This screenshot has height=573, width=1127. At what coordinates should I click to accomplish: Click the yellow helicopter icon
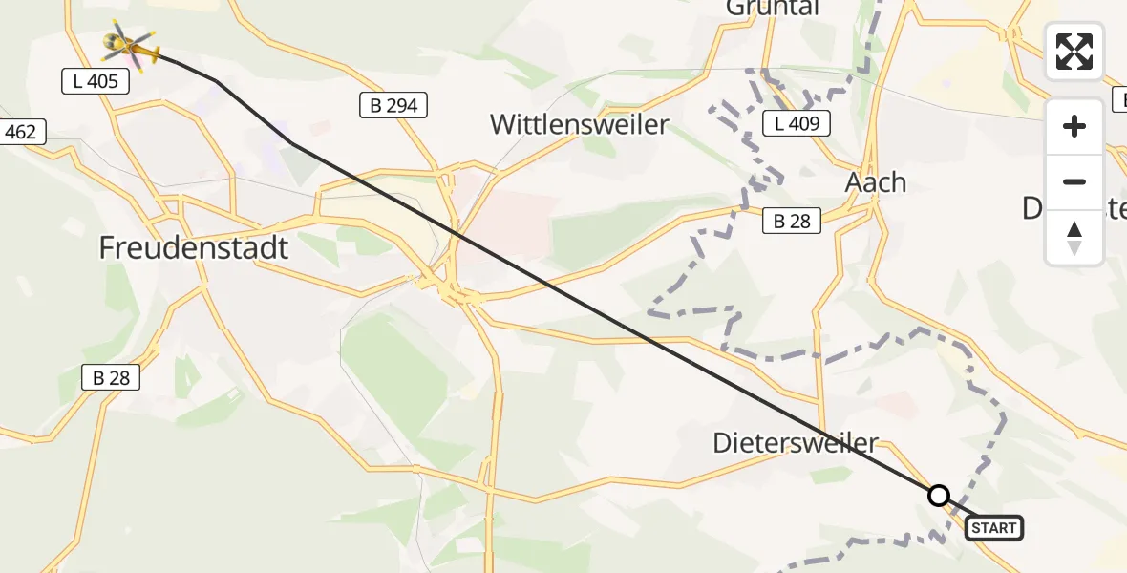tap(129, 44)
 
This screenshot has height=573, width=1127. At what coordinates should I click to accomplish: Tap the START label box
tap(994, 527)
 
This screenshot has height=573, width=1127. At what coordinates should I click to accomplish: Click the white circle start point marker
tap(939, 496)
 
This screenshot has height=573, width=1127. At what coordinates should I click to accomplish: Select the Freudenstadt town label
tap(194, 248)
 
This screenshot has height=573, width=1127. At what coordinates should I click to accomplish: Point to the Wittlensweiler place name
tap(580, 124)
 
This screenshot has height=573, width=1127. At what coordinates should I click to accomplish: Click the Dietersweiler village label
tap(796, 443)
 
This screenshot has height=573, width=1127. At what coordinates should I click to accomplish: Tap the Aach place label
tap(876, 182)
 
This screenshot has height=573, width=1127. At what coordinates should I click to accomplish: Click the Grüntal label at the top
tap(773, 8)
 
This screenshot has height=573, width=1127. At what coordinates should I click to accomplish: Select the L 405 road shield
tap(96, 81)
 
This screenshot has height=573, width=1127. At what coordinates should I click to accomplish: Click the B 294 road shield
tap(394, 106)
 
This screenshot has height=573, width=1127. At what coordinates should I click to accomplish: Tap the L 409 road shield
tap(797, 122)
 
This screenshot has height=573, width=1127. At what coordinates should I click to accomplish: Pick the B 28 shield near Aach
tap(792, 222)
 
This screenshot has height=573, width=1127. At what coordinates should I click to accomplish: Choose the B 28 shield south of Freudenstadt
tap(111, 378)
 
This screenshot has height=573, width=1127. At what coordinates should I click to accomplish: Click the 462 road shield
tap(20, 132)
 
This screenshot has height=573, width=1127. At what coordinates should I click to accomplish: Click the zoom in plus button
tap(1074, 126)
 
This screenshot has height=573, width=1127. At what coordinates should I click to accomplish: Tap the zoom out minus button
tap(1074, 181)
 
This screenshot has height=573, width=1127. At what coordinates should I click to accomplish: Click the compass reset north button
tap(1074, 237)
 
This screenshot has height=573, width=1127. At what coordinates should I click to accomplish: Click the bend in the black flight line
tap(290, 143)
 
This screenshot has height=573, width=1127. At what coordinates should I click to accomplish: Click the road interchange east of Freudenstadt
tap(449, 286)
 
